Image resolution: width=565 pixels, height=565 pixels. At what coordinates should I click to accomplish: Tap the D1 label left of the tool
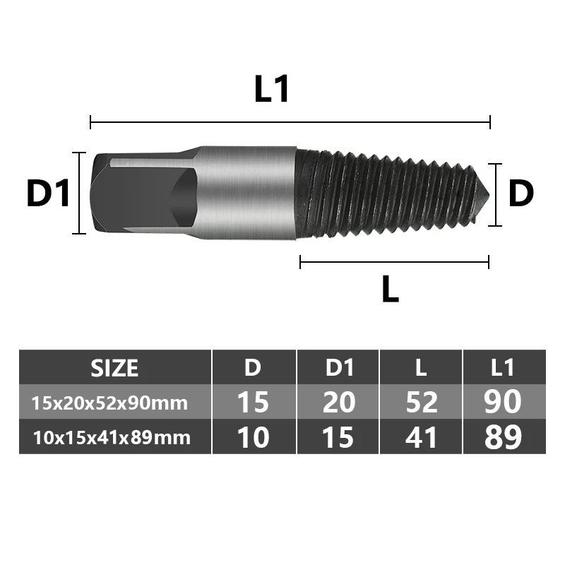[49, 194]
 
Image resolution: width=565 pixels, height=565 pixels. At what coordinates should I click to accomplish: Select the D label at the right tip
[521, 194]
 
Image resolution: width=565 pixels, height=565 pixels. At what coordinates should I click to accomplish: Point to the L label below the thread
[390, 289]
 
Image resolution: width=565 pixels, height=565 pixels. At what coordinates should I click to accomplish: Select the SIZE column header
[115, 368]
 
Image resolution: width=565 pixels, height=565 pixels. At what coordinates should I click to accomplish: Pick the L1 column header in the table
[504, 368]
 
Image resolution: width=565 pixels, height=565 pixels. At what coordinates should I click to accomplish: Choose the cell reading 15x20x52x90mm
[109, 403]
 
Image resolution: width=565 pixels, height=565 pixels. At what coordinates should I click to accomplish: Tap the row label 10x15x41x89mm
[112, 438]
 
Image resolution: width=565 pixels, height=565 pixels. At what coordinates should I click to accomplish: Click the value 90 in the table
[504, 403]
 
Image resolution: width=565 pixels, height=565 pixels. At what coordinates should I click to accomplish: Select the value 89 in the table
[504, 438]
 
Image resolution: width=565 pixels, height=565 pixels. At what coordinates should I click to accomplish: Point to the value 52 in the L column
[421, 403]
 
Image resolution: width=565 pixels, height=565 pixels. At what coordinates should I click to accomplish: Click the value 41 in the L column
[421, 438]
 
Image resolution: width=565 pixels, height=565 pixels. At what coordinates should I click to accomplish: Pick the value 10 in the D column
[253, 438]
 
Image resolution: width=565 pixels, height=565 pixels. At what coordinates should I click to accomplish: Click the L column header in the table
[421, 368]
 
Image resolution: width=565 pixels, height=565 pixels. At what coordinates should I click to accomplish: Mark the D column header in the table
[253, 368]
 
